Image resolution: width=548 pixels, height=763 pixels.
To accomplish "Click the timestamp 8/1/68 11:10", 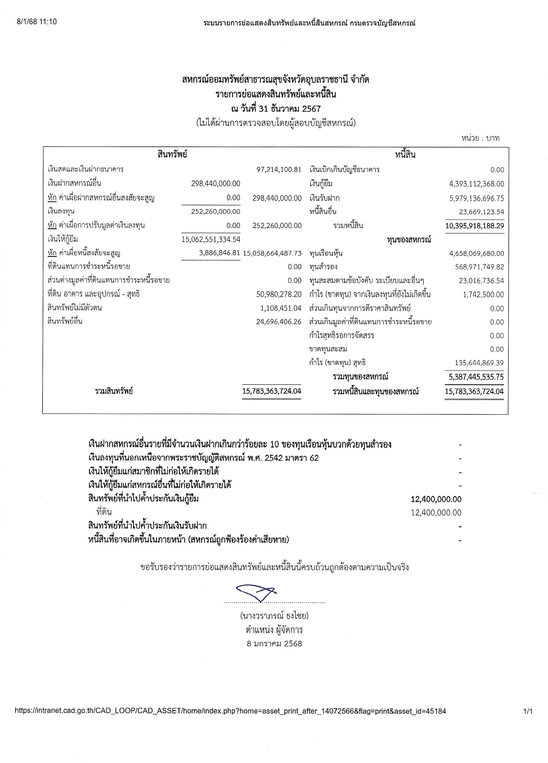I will (37, 22).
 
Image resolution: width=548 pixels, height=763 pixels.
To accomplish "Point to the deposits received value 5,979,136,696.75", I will (476, 198).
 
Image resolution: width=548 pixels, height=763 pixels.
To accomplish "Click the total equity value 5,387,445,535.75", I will (476, 377).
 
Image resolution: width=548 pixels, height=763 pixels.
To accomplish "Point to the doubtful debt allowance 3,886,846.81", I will (219, 253).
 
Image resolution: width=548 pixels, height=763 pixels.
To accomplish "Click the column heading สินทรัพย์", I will (172, 154).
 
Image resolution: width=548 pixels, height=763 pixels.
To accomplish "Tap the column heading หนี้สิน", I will (405, 155).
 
